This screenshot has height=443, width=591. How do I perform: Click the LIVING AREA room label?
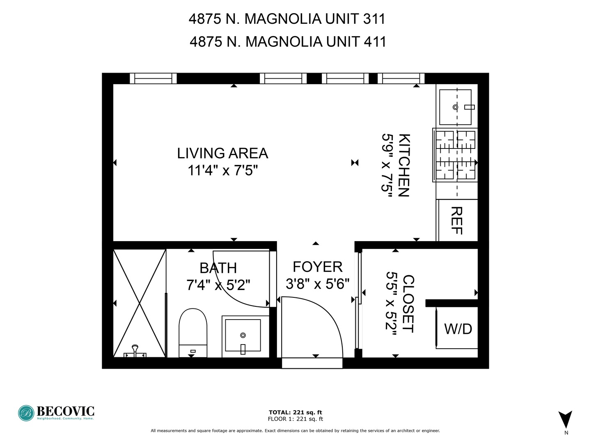tap(222, 153)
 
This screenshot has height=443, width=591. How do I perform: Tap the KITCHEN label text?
tap(404, 165)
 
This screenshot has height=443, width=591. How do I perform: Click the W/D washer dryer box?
tap(458, 329)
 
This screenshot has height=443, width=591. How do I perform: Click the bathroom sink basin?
tap(243, 335)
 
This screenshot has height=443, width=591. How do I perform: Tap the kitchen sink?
tap(455, 107)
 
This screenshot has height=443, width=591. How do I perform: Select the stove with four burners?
tap(455, 155)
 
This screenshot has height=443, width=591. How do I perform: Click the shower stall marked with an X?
tap(140, 303)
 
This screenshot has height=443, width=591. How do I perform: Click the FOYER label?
tap(317, 267)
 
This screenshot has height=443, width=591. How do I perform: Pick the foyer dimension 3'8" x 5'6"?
tap(317, 283)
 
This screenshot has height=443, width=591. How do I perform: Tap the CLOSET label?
tap(408, 304)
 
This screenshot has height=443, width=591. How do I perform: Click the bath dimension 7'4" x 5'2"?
tap(218, 284)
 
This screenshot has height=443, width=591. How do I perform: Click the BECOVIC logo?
tap(56, 413)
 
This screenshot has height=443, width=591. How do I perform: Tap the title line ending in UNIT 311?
tap(287, 19)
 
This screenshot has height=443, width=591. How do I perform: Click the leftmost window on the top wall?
tap(153, 78)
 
